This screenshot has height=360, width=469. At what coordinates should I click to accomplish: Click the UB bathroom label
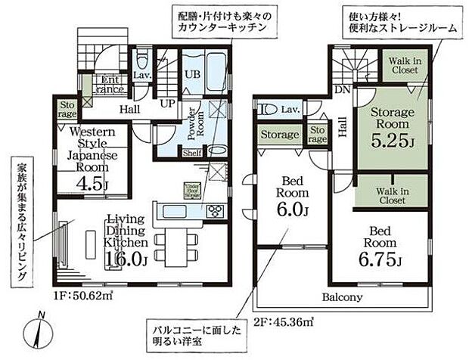[193, 73]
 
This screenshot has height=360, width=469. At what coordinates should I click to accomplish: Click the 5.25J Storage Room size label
[392, 141]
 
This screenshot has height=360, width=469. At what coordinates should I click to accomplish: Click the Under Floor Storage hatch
[191, 190]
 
